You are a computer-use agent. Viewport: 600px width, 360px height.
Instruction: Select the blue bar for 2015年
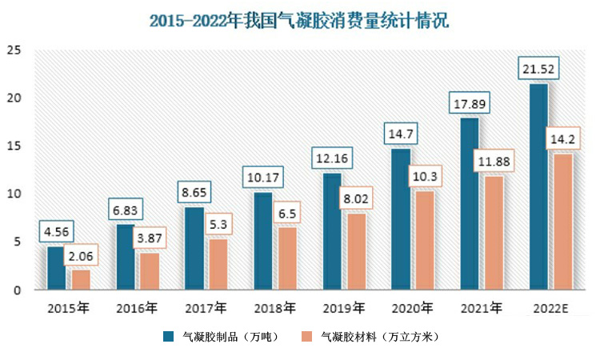pos(56,268)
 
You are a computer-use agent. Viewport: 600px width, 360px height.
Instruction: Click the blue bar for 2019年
pos(332,231)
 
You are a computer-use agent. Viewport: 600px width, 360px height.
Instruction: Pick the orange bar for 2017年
pos(218,264)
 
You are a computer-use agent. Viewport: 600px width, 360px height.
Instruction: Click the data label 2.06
pos(81,256)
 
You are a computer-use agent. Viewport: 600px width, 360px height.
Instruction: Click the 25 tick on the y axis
pos(13,50)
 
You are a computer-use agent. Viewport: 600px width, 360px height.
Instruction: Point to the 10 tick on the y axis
pos(13,194)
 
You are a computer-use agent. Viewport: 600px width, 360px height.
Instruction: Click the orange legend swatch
pos(307,337)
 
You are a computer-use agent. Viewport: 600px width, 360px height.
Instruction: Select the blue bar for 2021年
pos(470,203)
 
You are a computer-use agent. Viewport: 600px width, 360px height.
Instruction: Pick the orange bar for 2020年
pos(424,240)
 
